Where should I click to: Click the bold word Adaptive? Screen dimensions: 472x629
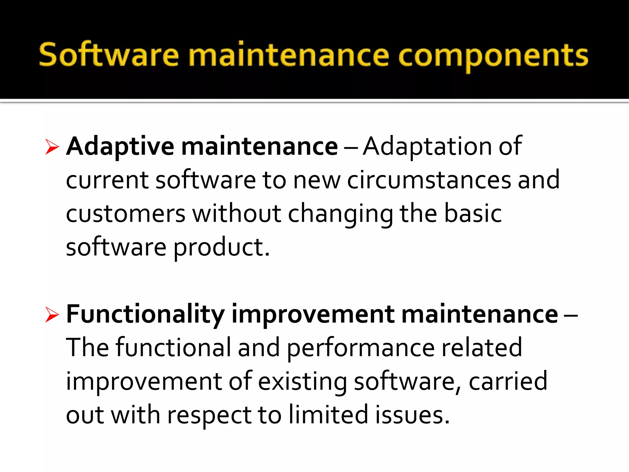tap(120, 147)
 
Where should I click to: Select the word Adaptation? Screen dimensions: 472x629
tap(427, 147)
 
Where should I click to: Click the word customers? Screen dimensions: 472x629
tap(126, 214)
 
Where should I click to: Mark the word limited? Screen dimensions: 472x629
tap(328, 415)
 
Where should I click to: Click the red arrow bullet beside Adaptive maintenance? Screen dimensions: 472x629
tap(52, 147)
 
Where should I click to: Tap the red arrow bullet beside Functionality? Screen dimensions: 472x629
tap(52, 315)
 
